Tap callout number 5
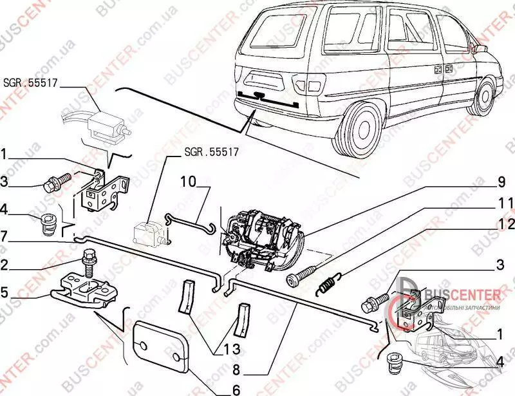click(5, 292)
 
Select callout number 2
click(5, 264)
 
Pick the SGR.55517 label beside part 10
click(211, 153)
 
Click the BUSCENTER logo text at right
click(463, 295)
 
